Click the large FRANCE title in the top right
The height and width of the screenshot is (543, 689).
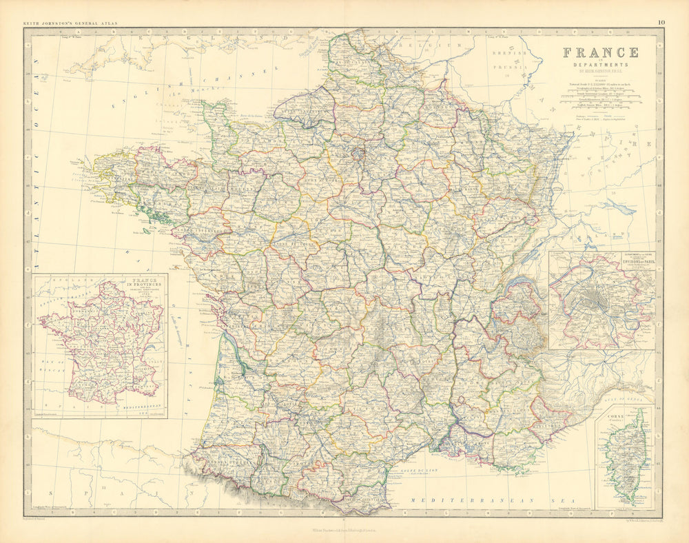(600, 52)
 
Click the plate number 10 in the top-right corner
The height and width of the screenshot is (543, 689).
(661, 23)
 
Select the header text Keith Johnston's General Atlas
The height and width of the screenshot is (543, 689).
(71, 23)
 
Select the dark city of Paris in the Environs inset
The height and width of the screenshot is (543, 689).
(597, 302)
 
